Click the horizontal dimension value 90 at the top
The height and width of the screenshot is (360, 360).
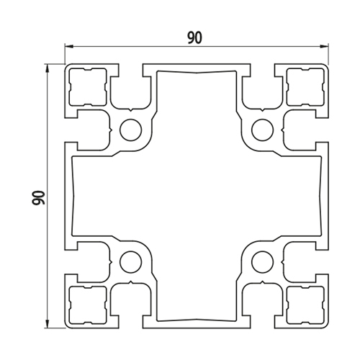tap(195, 38)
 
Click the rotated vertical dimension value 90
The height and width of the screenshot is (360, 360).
tap(39, 197)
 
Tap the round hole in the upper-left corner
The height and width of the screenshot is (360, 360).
tap(131, 130)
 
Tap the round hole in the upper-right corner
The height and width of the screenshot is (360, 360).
tap(263, 130)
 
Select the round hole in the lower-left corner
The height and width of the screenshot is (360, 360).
tap(131, 262)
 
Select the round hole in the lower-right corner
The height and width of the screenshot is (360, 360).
tap(263, 262)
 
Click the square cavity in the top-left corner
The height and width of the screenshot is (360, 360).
tap(88, 87)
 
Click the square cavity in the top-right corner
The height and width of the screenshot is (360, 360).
tap(305, 87)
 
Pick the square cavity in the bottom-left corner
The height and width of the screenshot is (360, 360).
tap(88, 305)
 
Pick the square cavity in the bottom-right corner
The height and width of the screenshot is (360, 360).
tap(305, 305)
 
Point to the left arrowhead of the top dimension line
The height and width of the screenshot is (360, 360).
tap(68, 45)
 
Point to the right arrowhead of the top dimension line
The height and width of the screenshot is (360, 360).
tap(324, 46)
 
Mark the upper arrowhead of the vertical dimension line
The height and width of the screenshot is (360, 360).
tap(48, 68)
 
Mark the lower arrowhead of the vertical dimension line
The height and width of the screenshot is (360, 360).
tap(48, 323)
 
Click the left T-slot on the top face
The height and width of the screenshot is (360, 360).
tap(131, 92)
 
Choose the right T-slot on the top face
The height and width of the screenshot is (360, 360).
tap(263, 92)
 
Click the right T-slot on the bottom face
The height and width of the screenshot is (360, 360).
tap(263, 300)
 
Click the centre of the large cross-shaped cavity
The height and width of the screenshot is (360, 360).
tap(197, 196)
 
